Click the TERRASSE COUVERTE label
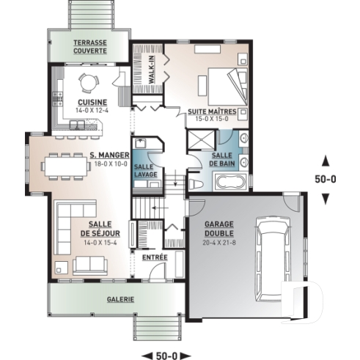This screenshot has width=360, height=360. click(89, 47)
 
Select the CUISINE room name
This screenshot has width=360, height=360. click(92, 102)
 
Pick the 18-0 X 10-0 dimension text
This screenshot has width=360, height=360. click(110, 164)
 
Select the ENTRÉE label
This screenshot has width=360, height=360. click(155, 257)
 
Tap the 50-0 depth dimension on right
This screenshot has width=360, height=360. click(327, 177)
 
